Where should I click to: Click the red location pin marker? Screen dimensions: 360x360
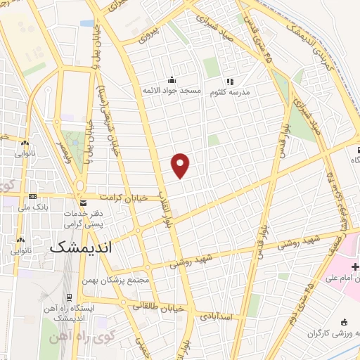click(x=181, y=165)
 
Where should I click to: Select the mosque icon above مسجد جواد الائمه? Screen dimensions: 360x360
click(x=172, y=79)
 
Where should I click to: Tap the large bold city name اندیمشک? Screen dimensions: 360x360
click(x=81, y=247)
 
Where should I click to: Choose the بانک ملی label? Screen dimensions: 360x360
click(x=32, y=207)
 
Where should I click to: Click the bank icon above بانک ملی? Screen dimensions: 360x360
click(x=32, y=196)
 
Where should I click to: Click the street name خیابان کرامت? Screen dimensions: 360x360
click(x=123, y=198)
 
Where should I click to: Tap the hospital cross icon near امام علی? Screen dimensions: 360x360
click(x=355, y=266)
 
